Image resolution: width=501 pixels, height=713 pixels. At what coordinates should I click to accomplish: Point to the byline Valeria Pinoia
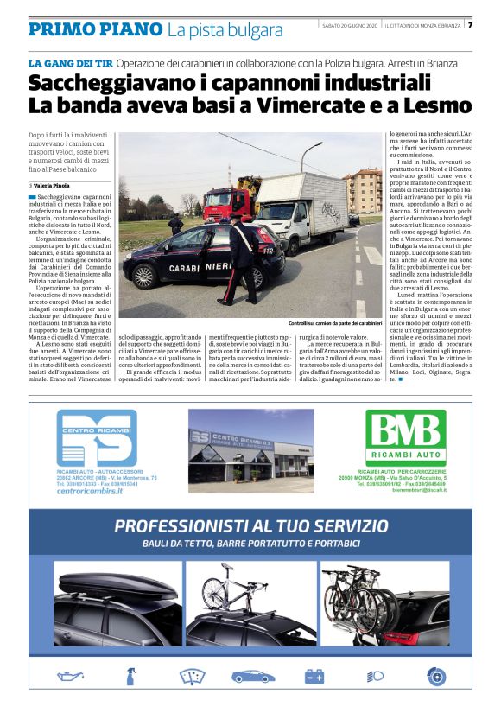[x=55, y=185]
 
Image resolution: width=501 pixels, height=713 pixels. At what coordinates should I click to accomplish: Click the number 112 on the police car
[x=268, y=251]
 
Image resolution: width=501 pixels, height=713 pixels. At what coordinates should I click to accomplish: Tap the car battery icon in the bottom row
[x=314, y=677]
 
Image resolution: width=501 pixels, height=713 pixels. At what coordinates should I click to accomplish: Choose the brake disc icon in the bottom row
[x=435, y=677]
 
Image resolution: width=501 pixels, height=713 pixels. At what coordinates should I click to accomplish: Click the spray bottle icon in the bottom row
[x=130, y=677]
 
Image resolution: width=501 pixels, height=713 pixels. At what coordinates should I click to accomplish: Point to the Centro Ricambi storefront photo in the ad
[x=250, y=450]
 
